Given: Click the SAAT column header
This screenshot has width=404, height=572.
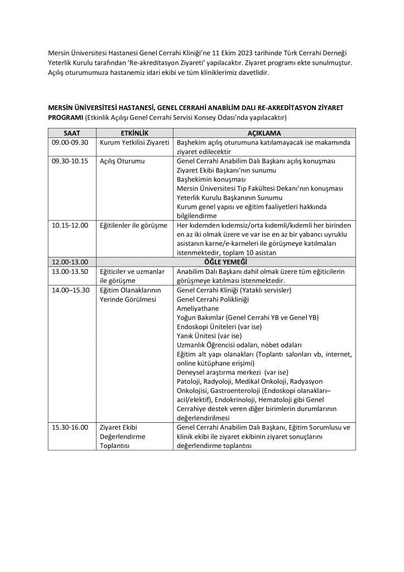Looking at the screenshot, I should pos(72,134).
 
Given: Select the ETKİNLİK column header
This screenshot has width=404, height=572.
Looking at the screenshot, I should pos(134,134).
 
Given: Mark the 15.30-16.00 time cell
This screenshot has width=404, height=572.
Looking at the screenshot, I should pos(68,427).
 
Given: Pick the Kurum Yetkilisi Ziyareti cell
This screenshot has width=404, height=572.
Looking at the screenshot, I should pos(134,142).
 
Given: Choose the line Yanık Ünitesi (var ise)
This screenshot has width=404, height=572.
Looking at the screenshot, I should pos(208,336).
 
